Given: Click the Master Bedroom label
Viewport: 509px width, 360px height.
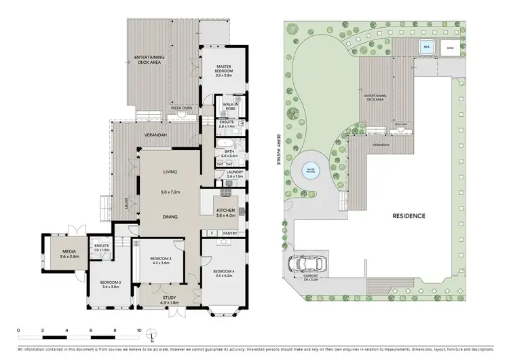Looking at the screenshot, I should click(x=224, y=69).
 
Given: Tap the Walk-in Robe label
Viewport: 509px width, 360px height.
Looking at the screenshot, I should click(x=228, y=106).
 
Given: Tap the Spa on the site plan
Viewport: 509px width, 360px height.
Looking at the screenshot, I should click(x=427, y=48).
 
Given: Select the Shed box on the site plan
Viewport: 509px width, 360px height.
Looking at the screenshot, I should click(x=449, y=48).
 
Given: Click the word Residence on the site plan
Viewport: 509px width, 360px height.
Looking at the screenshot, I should click(x=409, y=216).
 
